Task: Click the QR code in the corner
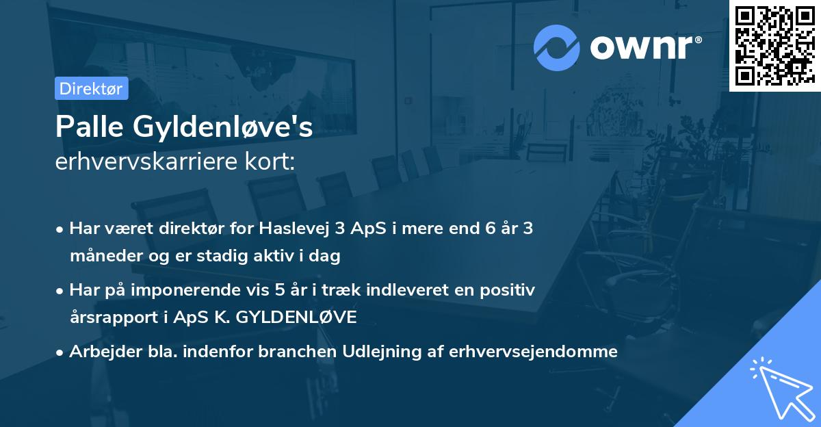tap(774, 46)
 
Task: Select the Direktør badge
tap(91, 88)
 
